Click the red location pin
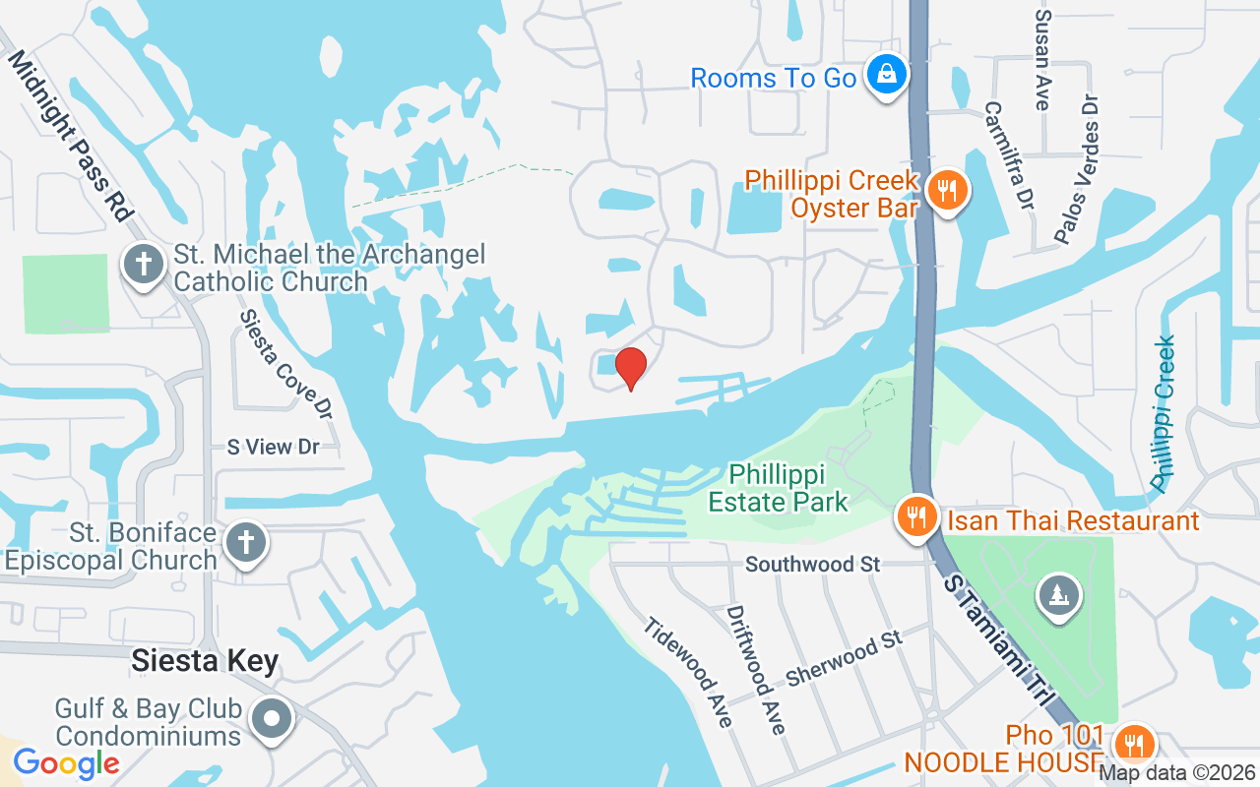[x=630, y=368]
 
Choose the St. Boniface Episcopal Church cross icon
[x=245, y=543]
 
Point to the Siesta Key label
[x=205, y=661]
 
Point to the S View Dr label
[x=273, y=447]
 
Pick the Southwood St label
[x=812, y=565]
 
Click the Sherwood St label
[x=844, y=661]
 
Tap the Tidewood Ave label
[x=689, y=673]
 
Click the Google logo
[x=66, y=762]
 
